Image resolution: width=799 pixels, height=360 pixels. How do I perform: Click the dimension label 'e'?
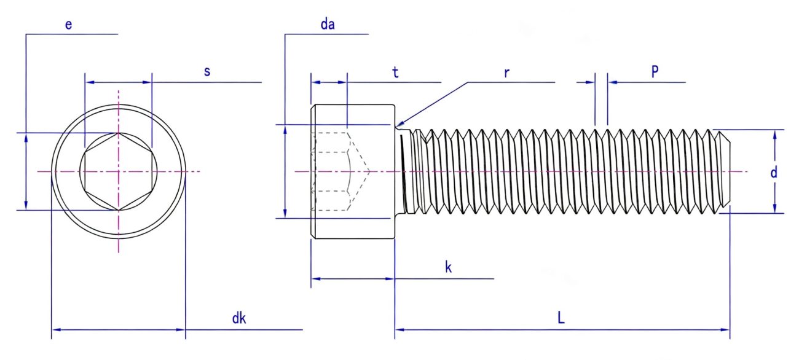tap(68, 25)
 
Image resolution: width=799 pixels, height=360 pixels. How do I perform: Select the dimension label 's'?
tap(207, 71)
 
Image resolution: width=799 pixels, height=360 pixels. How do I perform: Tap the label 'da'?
tap(331, 25)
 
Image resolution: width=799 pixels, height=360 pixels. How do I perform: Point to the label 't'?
tap(396, 72)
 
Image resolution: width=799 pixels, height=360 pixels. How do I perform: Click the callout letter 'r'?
tap(506, 72)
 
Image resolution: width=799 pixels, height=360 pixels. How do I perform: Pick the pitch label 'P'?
tap(655, 71)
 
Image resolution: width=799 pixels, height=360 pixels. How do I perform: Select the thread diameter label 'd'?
tap(774, 173)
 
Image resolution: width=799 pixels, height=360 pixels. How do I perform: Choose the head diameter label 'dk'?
tap(239, 318)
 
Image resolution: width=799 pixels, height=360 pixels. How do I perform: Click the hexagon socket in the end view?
tap(118, 171)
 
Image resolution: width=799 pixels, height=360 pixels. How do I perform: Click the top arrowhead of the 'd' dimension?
tap(774, 133)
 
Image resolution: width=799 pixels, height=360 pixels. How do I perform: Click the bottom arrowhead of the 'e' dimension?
tap(26, 206)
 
